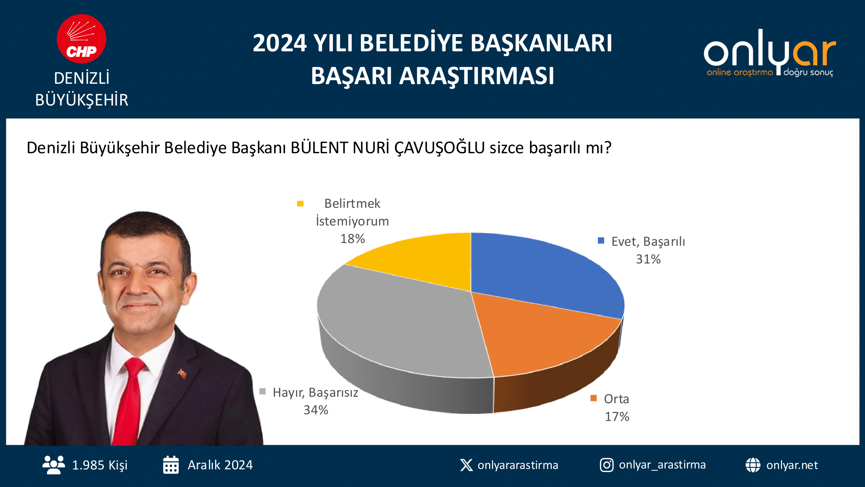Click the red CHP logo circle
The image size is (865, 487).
pyautogui.click(x=82, y=39)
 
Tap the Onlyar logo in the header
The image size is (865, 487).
pyautogui.click(x=770, y=53)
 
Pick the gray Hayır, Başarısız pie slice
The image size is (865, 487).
pyautogui.click(x=396, y=323)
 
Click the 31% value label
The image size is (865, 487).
pyautogui.click(x=648, y=259)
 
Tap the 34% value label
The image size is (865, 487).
pyautogui.click(x=316, y=410)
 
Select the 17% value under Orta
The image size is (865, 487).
pyautogui.click(x=617, y=417)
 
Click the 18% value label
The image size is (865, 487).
pyautogui.click(x=352, y=239)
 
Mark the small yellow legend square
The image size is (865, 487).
pyautogui.click(x=300, y=204)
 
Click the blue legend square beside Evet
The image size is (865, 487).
pyautogui.click(x=601, y=241)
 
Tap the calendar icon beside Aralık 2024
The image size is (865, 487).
pyautogui.click(x=171, y=465)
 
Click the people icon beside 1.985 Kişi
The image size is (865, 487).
pyautogui.click(x=54, y=465)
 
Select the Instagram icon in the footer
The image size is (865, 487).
pyautogui.click(x=607, y=465)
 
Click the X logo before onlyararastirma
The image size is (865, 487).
pyautogui.click(x=466, y=465)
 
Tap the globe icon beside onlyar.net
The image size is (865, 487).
pyautogui.click(x=753, y=465)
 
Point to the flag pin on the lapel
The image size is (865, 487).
pyautogui.click(x=182, y=373)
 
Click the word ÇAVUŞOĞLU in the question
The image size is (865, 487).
pyautogui.click(x=439, y=148)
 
